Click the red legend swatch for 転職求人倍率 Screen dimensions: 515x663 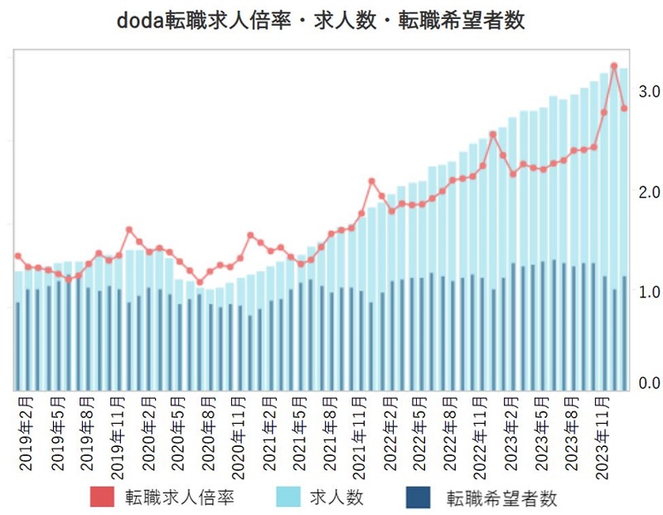coord(104,498)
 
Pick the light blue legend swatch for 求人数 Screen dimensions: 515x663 coord(287,498)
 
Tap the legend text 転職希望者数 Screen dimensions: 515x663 coord(501,498)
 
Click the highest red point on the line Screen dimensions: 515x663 coord(614,66)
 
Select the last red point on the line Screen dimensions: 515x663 coord(624,109)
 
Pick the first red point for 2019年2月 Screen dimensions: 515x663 coord(18,256)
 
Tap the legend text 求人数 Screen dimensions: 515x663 coord(336,498)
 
